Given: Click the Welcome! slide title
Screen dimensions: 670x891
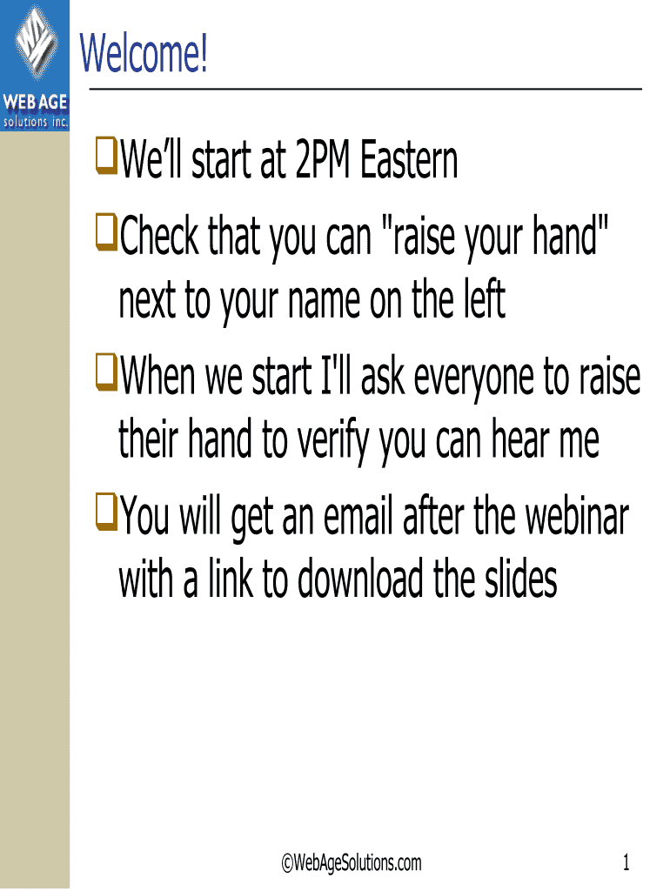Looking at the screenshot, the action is pyautogui.click(x=144, y=53).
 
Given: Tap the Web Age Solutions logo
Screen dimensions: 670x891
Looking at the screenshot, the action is pyautogui.click(x=35, y=65).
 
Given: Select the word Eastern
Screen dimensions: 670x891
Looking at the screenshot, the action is pyautogui.click(x=409, y=160).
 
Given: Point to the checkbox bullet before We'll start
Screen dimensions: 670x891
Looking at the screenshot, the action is pyautogui.click(x=106, y=156).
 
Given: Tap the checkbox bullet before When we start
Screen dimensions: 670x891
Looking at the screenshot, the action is pyautogui.click(x=106, y=372).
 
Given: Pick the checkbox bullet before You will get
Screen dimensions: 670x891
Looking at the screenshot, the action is pyautogui.click(x=106, y=512).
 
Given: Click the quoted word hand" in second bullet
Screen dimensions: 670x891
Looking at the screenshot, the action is pyautogui.click(x=571, y=235).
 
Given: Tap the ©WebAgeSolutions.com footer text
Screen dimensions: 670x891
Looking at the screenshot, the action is pyautogui.click(x=352, y=862).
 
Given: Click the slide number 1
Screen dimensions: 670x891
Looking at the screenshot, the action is pyautogui.click(x=626, y=862).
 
